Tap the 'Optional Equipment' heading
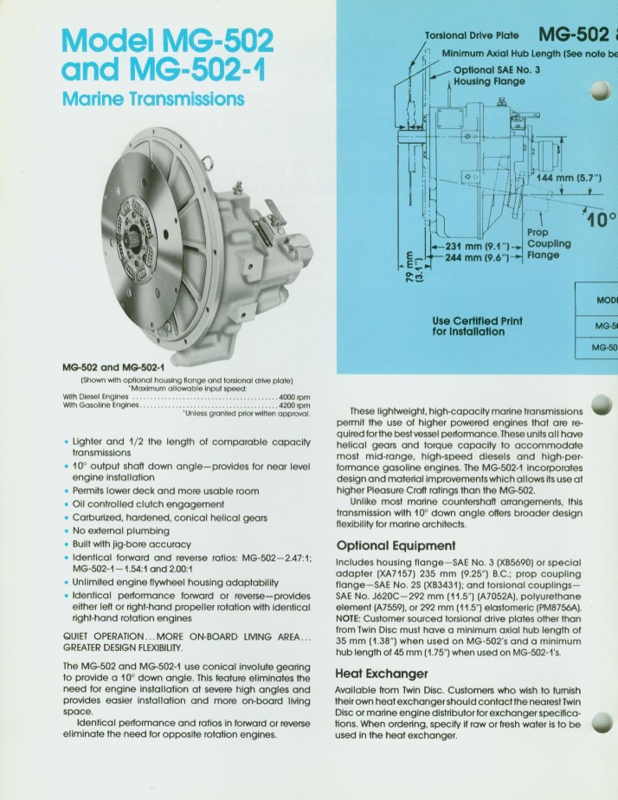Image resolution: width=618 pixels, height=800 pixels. tap(395, 545)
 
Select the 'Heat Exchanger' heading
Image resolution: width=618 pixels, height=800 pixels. tap(381, 673)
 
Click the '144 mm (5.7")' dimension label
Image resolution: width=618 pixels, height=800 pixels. tap(574, 179)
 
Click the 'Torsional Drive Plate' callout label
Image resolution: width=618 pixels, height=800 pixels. tap(472, 35)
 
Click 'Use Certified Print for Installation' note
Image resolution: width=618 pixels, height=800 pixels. tap(477, 326)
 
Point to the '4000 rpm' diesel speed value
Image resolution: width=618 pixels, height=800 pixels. tap(296, 397)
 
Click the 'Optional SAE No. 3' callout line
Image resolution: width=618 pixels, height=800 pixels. tap(498, 70)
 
